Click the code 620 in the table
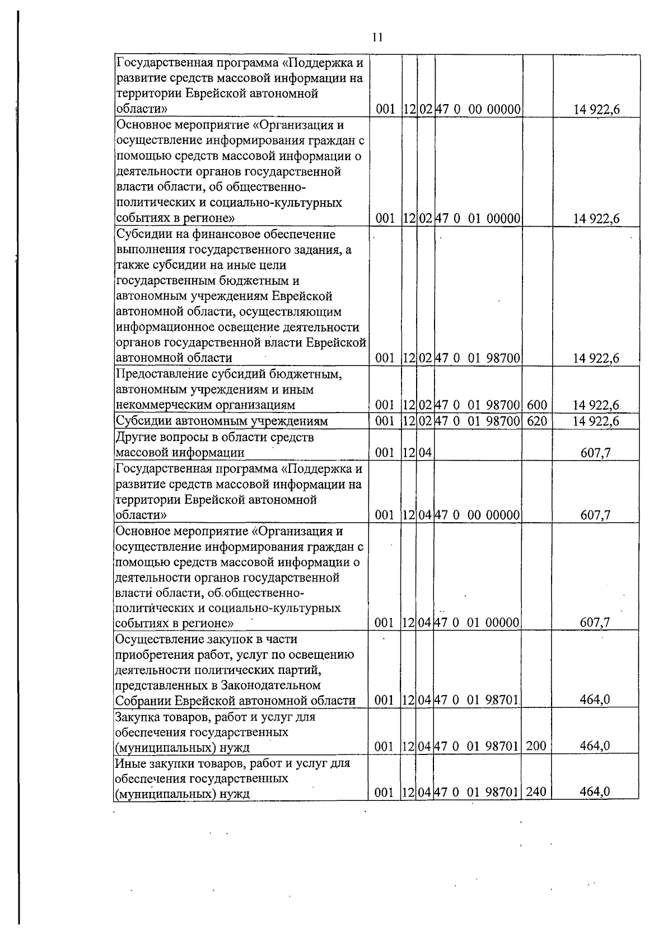536,421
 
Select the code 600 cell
536,405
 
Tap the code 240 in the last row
536,791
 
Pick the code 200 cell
536,746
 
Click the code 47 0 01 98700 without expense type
478,358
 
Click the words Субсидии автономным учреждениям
221,421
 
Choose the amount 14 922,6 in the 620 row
596,421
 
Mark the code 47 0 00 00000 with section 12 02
478,109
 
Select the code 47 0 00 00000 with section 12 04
478,515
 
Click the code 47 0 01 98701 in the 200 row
478,746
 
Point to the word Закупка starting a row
136,717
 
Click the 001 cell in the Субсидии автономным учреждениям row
385,421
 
